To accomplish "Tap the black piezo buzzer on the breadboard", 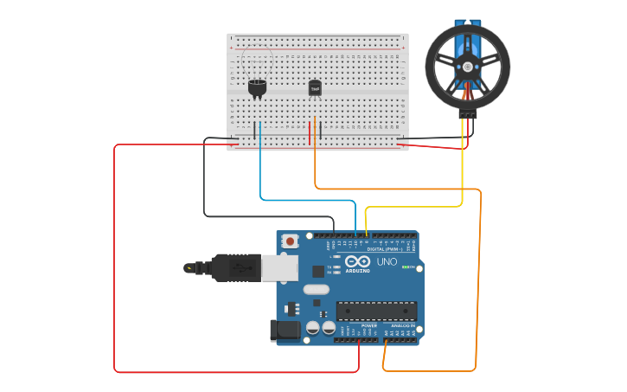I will (258, 87).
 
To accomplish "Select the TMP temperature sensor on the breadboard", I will (315, 87).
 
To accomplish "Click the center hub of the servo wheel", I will (468, 67).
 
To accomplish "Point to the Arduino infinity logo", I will (357, 261).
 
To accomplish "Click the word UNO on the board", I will (387, 261).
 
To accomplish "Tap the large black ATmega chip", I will (376, 311).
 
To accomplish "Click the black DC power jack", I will (285, 331).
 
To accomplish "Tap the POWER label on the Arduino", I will (357, 325).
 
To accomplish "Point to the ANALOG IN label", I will (400, 325).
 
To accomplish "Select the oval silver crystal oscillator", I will (317, 289).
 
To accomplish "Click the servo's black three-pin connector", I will (468, 113).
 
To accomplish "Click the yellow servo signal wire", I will (463, 164).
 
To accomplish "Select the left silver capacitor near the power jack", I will (312, 328).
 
